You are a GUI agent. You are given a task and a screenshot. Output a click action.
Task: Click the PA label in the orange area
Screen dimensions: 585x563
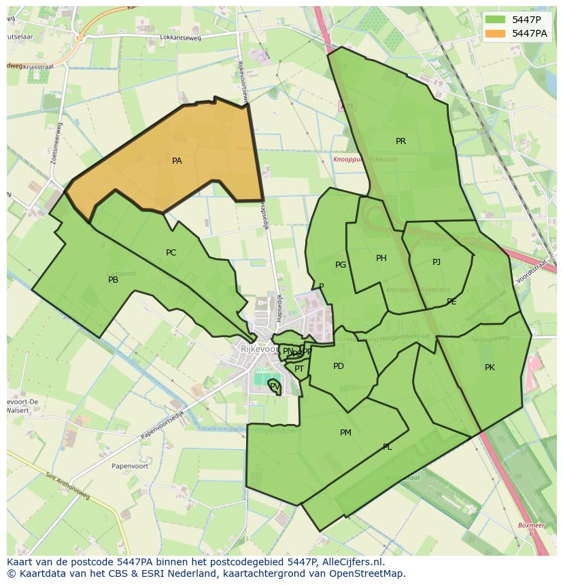(x=177, y=161)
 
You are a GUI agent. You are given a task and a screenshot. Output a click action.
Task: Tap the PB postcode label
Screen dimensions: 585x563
(x=114, y=280)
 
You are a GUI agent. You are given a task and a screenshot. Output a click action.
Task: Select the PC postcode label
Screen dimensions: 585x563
(x=171, y=253)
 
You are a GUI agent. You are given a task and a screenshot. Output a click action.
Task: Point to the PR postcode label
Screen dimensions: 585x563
(x=400, y=141)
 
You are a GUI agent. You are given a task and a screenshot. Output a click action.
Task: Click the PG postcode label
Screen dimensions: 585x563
(x=341, y=265)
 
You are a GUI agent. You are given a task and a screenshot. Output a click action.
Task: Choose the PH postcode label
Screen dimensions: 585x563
(x=381, y=258)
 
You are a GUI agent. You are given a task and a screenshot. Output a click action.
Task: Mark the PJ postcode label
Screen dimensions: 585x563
(x=437, y=262)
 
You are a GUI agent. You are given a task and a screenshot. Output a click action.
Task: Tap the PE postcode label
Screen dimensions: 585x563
(x=451, y=302)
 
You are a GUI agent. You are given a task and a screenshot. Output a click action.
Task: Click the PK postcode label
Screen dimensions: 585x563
(x=490, y=368)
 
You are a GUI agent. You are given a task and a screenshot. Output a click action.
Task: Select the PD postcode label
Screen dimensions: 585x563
(x=339, y=366)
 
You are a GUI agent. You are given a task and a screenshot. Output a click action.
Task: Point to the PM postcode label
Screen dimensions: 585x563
(x=345, y=433)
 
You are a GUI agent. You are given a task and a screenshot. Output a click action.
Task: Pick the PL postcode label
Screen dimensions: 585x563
(x=387, y=447)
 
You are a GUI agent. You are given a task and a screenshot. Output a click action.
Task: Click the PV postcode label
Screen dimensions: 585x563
(x=275, y=386)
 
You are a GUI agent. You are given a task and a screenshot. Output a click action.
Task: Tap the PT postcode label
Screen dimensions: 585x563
(x=299, y=369)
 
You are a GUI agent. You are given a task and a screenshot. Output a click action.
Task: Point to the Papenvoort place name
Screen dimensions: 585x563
(x=112, y=466)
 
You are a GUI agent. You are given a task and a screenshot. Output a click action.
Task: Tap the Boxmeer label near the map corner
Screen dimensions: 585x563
(x=531, y=525)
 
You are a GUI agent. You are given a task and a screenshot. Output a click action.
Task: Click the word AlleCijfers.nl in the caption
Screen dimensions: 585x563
(x=352, y=563)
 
